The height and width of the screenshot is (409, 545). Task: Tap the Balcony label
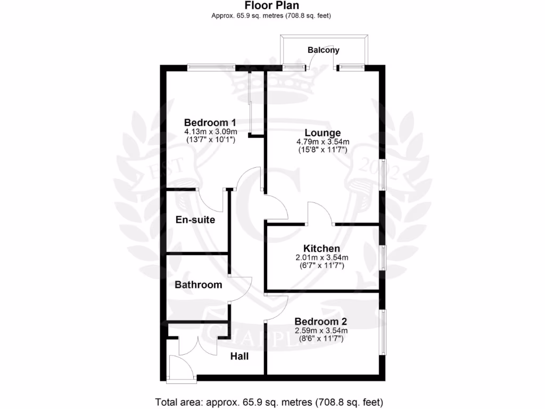[x=323, y=50]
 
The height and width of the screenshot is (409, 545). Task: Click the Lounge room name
[x=323, y=133]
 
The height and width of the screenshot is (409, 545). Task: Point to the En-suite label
[x=195, y=219]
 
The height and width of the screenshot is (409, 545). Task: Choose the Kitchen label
[x=321, y=249]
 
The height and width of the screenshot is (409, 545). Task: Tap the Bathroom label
[x=199, y=285]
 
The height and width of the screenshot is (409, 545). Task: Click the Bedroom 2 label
[x=321, y=322]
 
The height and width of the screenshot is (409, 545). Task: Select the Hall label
[x=240, y=356]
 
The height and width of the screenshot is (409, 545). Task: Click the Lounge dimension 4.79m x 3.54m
[x=323, y=142]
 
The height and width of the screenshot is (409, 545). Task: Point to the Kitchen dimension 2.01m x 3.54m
[x=321, y=258]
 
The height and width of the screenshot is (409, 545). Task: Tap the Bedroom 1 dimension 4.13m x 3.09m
[x=210, y=131]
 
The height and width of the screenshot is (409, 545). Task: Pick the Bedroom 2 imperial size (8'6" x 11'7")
[x=321, y=338]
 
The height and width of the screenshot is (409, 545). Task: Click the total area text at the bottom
[x=269, y=401]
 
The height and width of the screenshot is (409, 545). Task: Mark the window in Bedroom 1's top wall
[x=212, y=67]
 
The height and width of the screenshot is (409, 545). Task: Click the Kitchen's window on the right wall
[x=382, y=258]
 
